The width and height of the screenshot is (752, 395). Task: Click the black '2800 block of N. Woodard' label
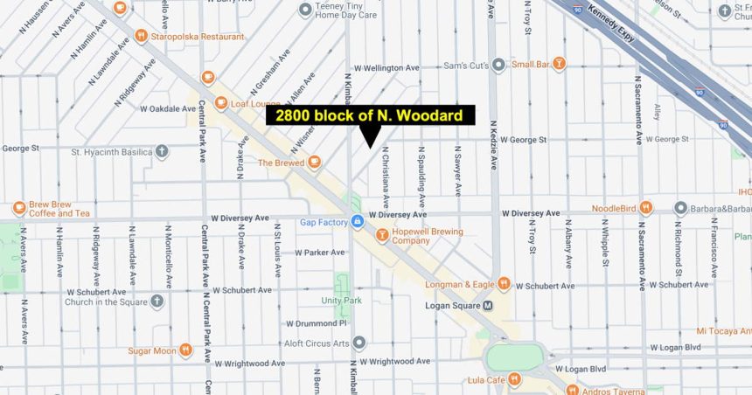(x=370, y=115)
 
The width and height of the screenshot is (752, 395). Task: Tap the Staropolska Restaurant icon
(x=140, y=36)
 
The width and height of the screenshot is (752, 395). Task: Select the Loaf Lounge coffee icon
(x=208, y=77)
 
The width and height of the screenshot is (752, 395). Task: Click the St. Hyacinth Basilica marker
(x=163, y=151)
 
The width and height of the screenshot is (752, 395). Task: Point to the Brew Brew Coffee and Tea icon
(x=18, y=208)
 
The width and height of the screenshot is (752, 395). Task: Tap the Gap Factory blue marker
(x=357, y=222)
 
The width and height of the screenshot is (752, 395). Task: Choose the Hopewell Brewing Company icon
(x=381, y=235)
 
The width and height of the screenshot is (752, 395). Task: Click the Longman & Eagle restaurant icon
(x=504, y=284)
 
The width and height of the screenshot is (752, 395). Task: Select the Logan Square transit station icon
(x=489, y=305)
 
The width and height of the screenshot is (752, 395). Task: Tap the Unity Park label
(x=341, y=300)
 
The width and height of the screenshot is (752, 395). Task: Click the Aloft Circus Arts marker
(x=359, y=342)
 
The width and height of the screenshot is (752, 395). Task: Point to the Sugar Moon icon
(x=185, y=350)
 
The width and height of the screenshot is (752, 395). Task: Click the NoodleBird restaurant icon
(x=645, y=207)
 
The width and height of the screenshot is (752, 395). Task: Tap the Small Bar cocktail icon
(x=559, y=63)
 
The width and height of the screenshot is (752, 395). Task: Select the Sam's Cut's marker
(x=498, y=64)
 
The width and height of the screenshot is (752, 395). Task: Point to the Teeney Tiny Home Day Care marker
(x=305, y=10)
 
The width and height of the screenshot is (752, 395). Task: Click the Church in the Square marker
(x=157, y=301)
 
